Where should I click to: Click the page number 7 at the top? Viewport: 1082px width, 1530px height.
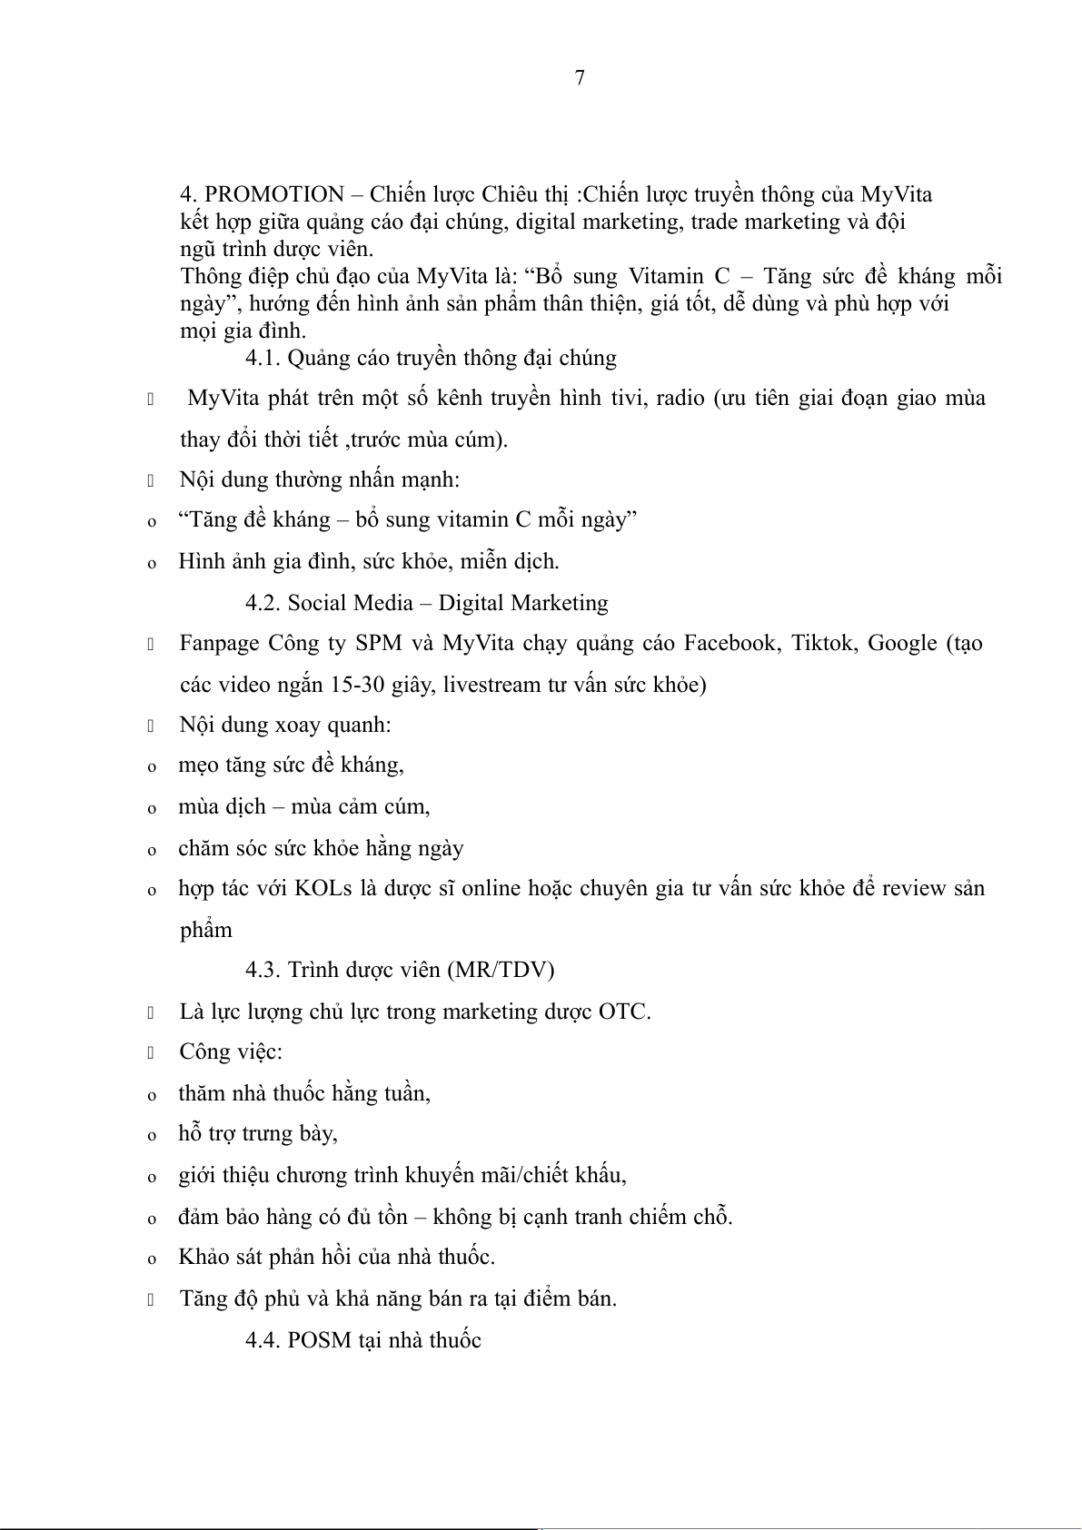pos(580,78)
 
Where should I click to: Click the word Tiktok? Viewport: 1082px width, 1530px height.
pos(822,643)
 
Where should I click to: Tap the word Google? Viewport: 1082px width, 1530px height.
pos(903,643)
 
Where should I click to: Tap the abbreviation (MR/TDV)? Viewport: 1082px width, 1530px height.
pos(500,970)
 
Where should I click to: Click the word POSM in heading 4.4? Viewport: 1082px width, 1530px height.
pos(319,1340)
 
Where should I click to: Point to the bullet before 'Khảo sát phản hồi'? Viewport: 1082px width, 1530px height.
pos(152,1259)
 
